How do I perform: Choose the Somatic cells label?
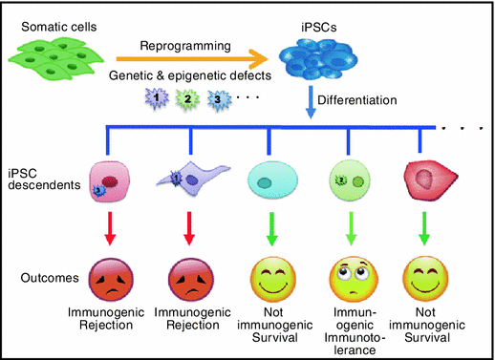click(50, 21)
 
